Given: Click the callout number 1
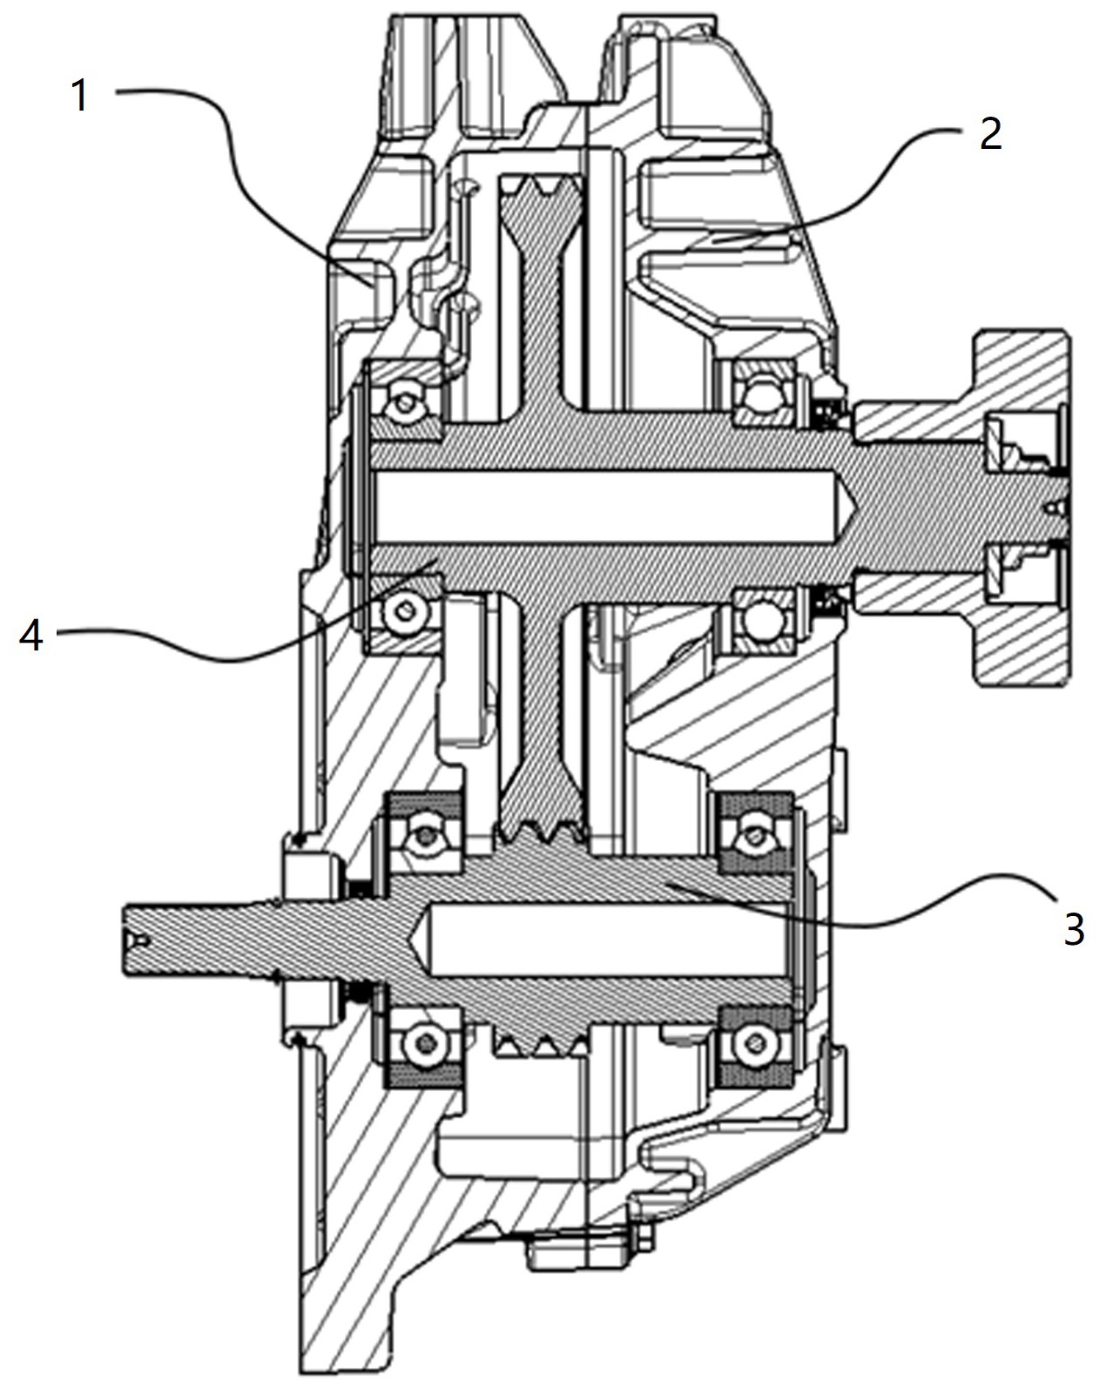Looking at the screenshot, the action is click(80, 96).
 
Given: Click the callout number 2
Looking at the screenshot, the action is click(990, 134).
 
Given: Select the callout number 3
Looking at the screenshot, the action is click(1073, 929).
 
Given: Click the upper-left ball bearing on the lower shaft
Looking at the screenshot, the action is click(424, 837).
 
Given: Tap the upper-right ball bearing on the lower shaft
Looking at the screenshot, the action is click(756, 837).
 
